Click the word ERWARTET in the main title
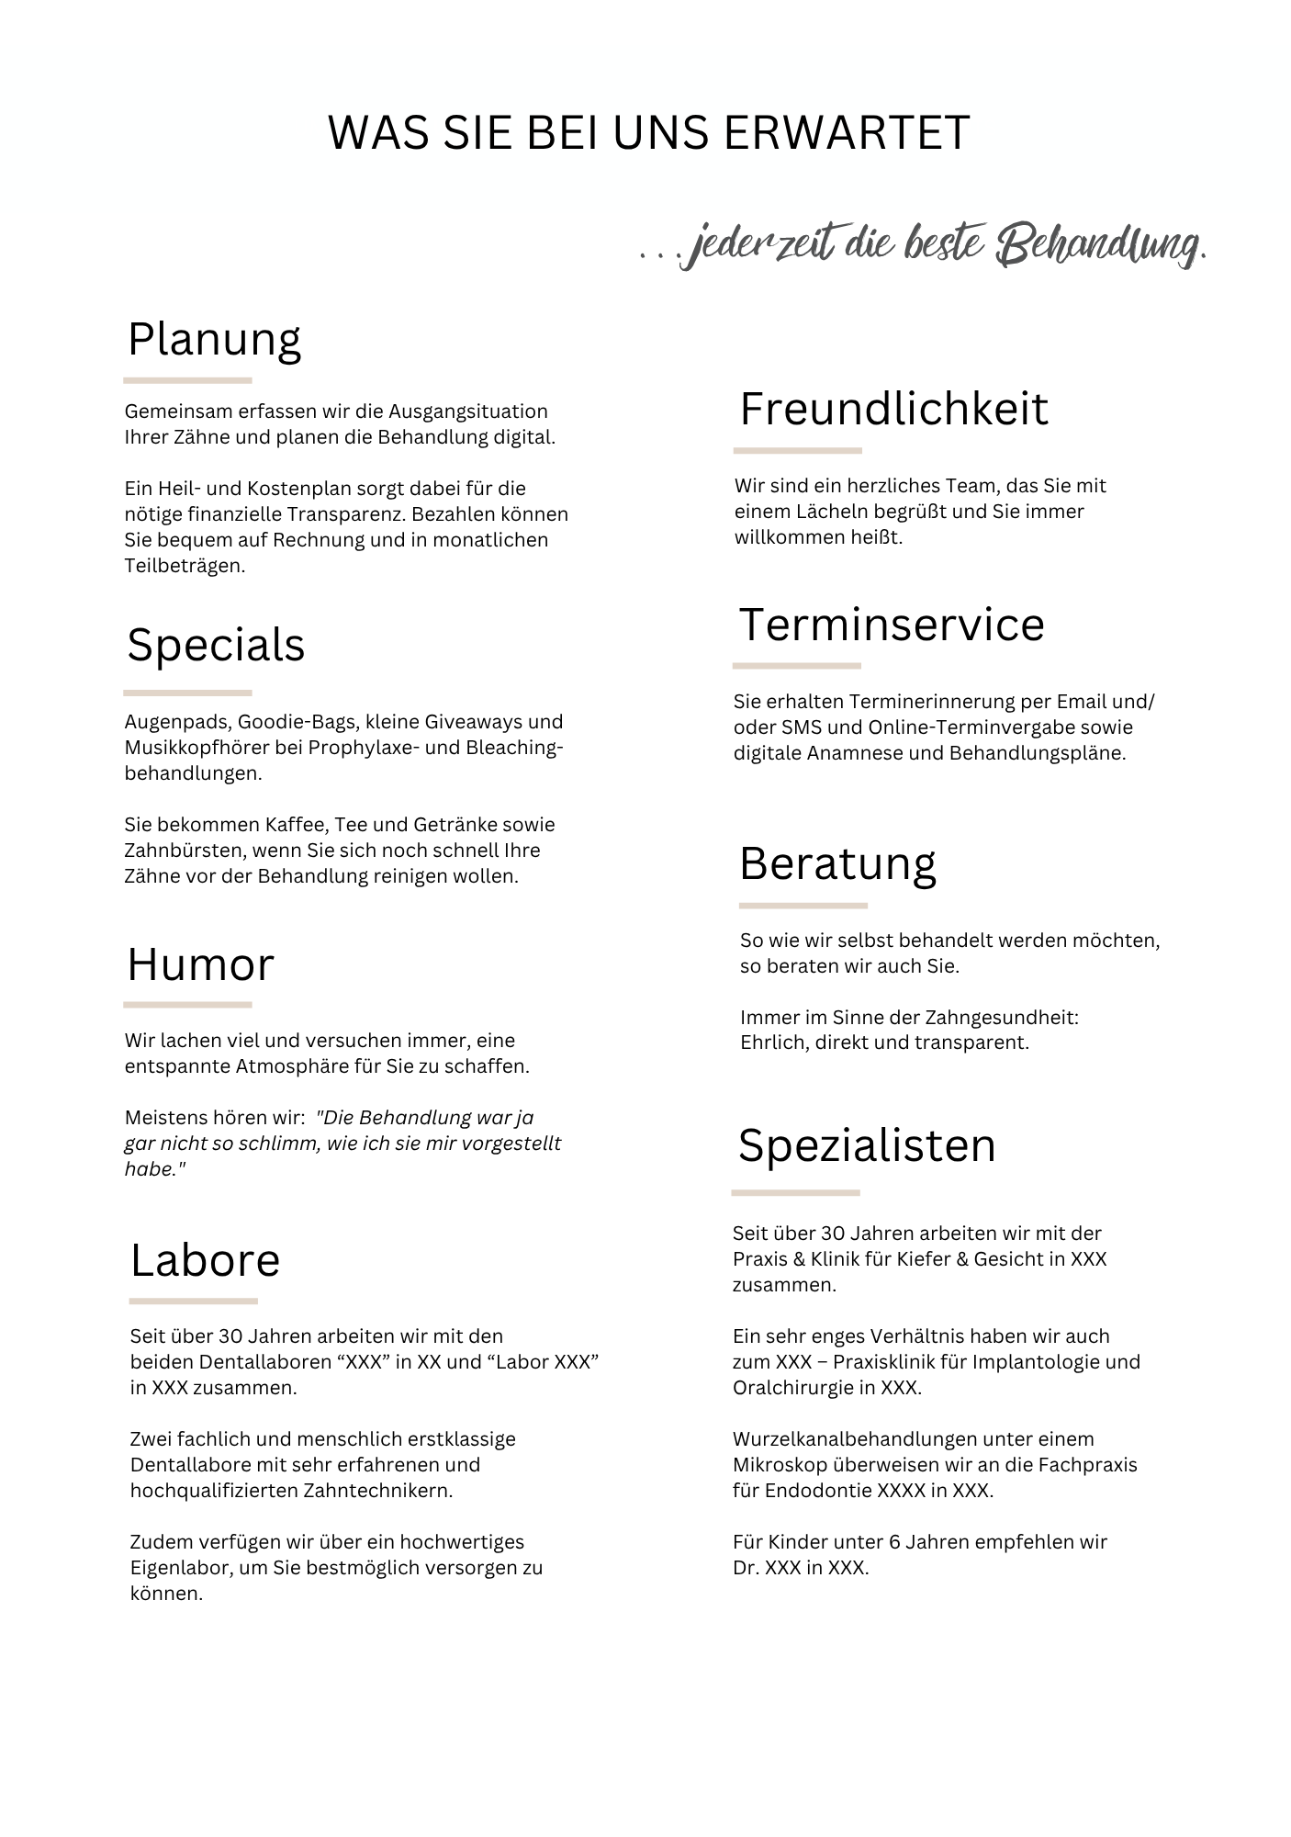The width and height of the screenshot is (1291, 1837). pos(846,133)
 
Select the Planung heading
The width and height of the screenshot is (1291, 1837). pos(214,341)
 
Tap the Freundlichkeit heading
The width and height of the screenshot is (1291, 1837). pos(893,409)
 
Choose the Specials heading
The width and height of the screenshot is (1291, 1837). pos(216,645)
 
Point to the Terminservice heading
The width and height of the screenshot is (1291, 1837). pos(892,625)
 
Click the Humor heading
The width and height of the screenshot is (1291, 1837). pos(200,965)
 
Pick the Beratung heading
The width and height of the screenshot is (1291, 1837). pos(837,864)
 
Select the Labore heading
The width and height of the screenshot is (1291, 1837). pos(205,1260)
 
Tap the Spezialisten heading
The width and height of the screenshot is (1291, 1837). pos(867,1146)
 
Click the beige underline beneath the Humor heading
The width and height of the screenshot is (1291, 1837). pos(187,1005)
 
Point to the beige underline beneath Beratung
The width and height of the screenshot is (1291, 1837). pos(803,906)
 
